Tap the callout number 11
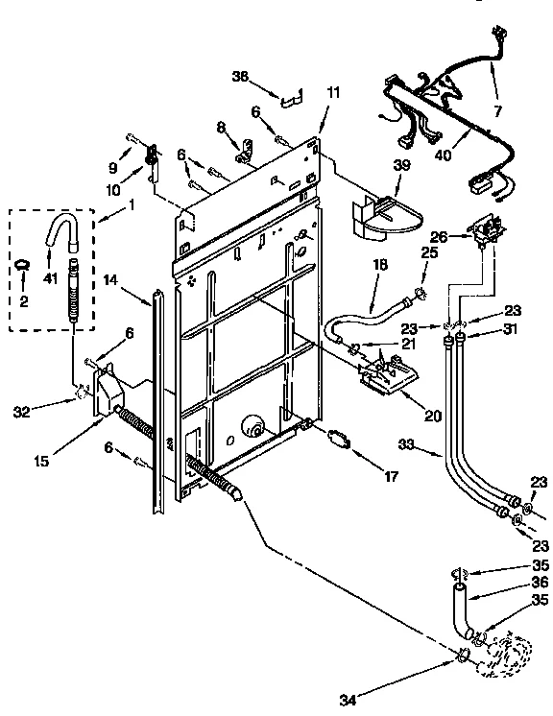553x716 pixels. click(x=332, y=92)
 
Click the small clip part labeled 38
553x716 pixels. click(x=290, y=95)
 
